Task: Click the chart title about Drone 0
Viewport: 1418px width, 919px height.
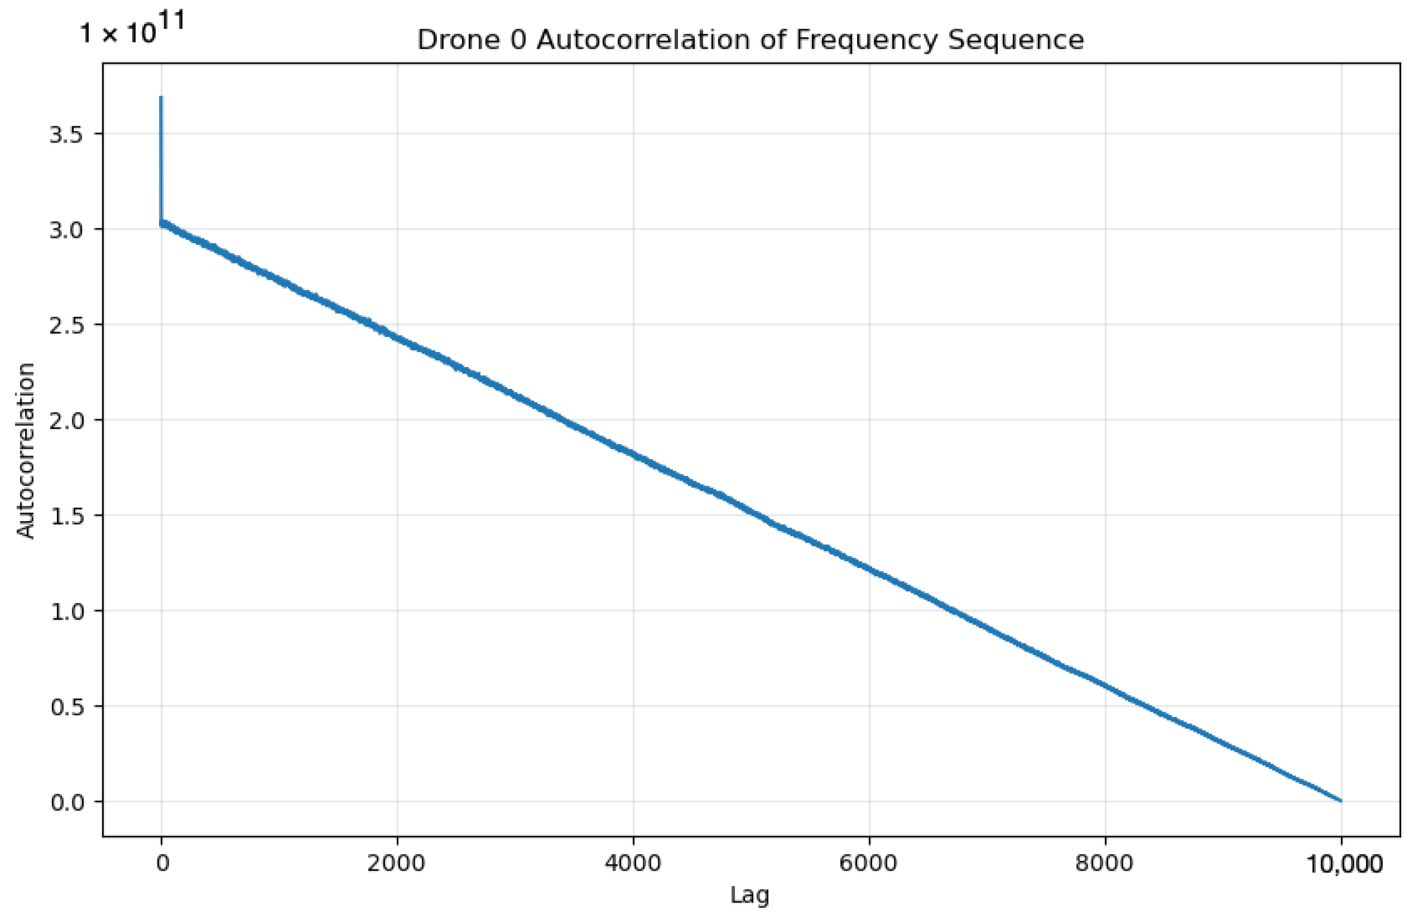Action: (x=750, y=40)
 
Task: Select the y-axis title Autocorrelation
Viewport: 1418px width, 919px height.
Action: (x=26, y=450)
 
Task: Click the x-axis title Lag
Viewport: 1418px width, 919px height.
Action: (x=750, y=895)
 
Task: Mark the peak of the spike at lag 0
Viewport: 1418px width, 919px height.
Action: (x=161, y=97)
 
